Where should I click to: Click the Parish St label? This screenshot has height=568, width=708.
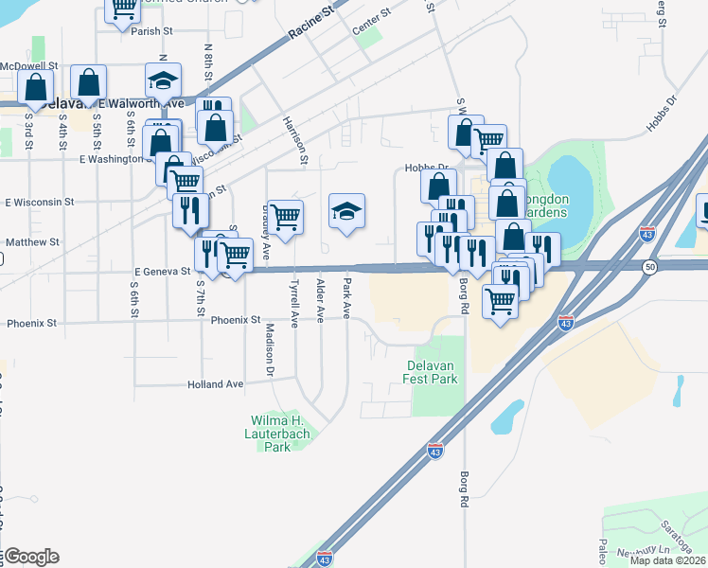[x=151, y=31]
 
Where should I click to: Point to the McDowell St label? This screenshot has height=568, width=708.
[x=29, y=66]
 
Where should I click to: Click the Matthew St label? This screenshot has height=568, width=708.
[x=32, y=242]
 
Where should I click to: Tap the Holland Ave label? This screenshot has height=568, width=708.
[x=215, y=384]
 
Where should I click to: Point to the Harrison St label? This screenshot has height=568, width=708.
[x=302, y=139]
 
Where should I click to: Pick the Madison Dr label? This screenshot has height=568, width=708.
[x=270, y=346]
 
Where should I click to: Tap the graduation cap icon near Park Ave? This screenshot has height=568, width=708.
[x=346, y=211]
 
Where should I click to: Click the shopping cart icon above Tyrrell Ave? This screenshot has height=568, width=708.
[x=285, y=217]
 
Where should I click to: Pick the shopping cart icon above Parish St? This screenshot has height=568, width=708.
[x=122, y=9]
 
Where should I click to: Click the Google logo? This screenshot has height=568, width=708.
[x=30, y=557]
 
